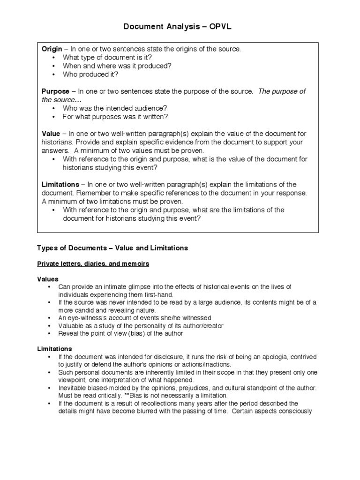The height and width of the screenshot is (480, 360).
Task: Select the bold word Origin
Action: coord(52,49)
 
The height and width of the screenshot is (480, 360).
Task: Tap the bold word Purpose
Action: coord(55,91)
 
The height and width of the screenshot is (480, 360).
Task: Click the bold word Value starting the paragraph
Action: coord(51,134)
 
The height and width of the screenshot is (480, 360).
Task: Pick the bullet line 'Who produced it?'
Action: coord(90,74)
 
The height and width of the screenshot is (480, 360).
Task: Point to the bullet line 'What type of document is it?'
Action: coord(107,57)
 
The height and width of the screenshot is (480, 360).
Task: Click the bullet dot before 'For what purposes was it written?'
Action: coord(54,117)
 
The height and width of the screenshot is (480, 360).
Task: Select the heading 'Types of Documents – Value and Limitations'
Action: coord(112,248)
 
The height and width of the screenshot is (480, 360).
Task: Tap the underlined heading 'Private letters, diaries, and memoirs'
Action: coord(93,264)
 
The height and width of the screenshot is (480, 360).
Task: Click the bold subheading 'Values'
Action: coord(48,279)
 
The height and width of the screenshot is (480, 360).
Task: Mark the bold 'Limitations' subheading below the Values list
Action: coord(54,349)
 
